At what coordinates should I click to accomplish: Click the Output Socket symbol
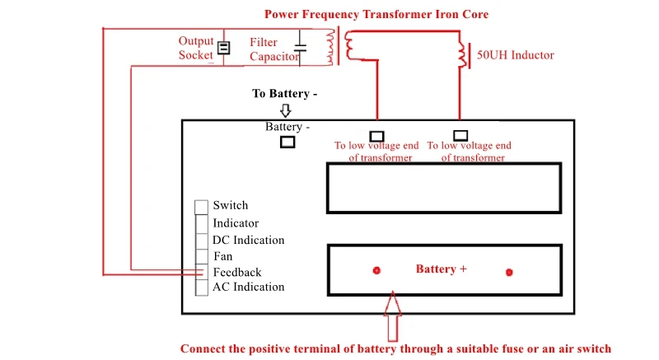pyautogui.click(x=223, y=48)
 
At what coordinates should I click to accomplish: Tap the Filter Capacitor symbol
pyautogui.click(x=300, y=48)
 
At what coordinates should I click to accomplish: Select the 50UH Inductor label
pyautogui.click(x=516, y=55)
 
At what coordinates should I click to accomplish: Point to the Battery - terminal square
pyautogui.click(x=287, y=142)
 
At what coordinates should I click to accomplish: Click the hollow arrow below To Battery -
pyautogui.click(x=286, y=110)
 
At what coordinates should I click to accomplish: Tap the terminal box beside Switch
pyautogui.click(x=201, y=207)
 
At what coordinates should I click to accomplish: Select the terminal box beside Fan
pyautogui.click(x=202, y=256)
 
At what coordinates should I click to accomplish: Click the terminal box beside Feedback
pyautogui.click(x=202, y=272)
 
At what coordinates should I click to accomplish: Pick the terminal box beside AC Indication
pyautogui.click(x=202, y=288)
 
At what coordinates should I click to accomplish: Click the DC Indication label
pyautogui.click(x=249, y=240)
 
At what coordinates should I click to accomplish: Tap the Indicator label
pyautogui.click(x=236, y=223)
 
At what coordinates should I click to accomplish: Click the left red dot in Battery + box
pyautogui.click(x=376, y=270)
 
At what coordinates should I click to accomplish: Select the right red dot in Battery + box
pyautogui.click(x=509, y=272)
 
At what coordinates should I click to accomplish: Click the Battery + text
pyautogui.click(x=442, y=269)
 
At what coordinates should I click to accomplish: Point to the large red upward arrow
pyautogui.click(x=393, y=316)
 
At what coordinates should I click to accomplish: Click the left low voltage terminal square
pyautogui.click(x=377, y=136)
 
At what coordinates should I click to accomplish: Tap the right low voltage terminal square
pyautogui.click(x=460, y=135)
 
